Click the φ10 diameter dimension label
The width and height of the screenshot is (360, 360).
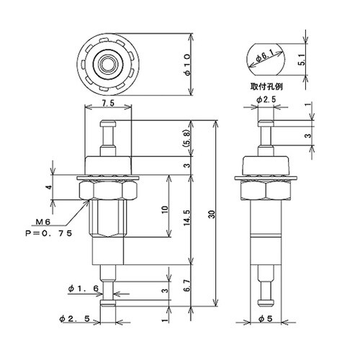click(188, 65)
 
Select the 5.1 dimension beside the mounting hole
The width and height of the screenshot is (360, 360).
click(302, 60)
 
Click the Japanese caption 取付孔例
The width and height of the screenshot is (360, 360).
click(266, 86)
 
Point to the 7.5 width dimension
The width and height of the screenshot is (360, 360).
click(109, 103)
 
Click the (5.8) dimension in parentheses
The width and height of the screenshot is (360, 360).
click(188, 139)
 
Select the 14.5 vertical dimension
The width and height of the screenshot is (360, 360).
click(188, 218)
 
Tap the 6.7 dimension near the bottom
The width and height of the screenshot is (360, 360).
click(188, 286)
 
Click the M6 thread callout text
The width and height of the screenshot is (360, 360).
click(43, 222)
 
